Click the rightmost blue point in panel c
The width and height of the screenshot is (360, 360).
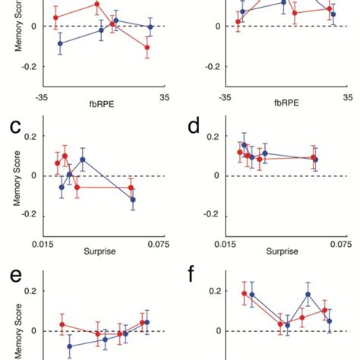click(133, 200)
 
